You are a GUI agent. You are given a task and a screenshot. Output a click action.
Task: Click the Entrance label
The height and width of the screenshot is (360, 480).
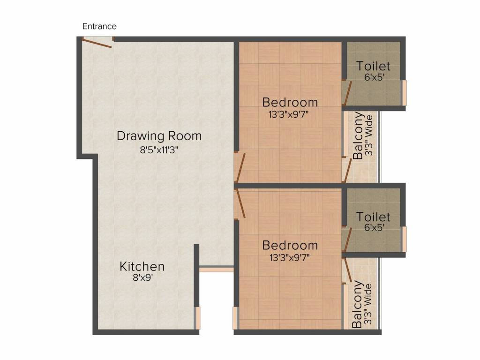[x=99, y=26]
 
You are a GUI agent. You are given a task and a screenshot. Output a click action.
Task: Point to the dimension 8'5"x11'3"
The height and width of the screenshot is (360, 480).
[x=159, y=150]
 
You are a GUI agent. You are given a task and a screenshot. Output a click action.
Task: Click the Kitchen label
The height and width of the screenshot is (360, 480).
[x=142, y=267]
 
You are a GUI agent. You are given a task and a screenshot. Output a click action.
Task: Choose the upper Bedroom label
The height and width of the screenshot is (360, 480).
[x=290, y=102]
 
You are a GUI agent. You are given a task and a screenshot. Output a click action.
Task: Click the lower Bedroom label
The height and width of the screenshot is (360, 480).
[x=290, y=246]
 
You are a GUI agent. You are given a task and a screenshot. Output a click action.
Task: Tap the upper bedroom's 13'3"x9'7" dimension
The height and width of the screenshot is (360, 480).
[x=288, y=114]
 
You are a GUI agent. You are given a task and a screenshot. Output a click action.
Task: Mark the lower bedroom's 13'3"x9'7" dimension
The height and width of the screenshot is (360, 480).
[x=289, y=257]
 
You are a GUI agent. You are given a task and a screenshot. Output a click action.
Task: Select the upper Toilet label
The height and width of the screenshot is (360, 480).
[x=374, y=66]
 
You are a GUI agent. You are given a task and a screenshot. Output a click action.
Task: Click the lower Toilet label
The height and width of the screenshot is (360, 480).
[x=374, y=217]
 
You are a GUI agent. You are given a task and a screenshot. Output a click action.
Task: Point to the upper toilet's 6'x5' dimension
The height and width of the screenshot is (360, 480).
[x=374, y=77]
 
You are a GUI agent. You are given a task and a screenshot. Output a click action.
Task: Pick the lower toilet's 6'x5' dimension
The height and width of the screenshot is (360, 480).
[x=374, y=227]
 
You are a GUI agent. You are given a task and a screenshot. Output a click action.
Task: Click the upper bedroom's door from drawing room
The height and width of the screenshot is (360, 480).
[x=240, y=168]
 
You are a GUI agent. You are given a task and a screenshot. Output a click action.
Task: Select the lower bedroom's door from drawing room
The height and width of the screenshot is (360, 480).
[x=240, y=203]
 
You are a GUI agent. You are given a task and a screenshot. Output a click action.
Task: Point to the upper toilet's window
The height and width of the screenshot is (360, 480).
[x=405, y=93]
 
